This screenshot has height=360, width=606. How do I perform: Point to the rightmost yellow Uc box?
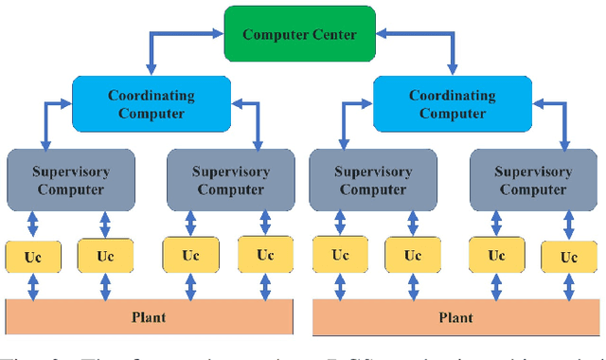569,257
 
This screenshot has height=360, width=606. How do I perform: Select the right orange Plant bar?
455,316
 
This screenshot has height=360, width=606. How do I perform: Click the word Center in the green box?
330,35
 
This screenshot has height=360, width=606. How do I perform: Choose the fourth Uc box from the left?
266,255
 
